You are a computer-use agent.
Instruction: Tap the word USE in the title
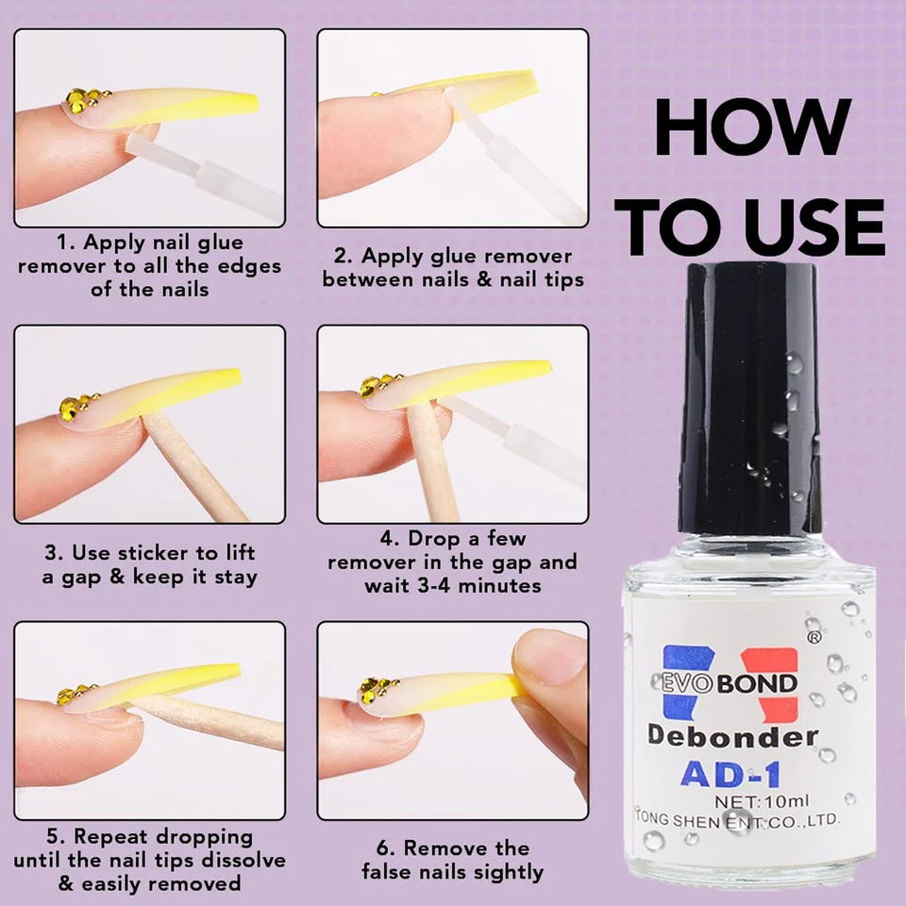tap(814, 227)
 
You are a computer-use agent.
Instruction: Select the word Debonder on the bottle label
tap(732, 735)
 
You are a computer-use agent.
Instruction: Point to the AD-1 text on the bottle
tap(730, 774)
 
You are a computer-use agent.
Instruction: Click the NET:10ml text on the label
tap(762, 801)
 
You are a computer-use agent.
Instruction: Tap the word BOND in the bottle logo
tap(757, 684)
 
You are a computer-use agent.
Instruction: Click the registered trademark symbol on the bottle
tap(813, 638)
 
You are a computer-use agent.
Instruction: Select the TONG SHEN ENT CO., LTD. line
tap(737, 820)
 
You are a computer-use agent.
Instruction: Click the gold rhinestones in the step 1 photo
tap(84, 100)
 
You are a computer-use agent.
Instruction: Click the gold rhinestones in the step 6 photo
tap(377, 688)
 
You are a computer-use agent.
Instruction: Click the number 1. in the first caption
tap(65, 243)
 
